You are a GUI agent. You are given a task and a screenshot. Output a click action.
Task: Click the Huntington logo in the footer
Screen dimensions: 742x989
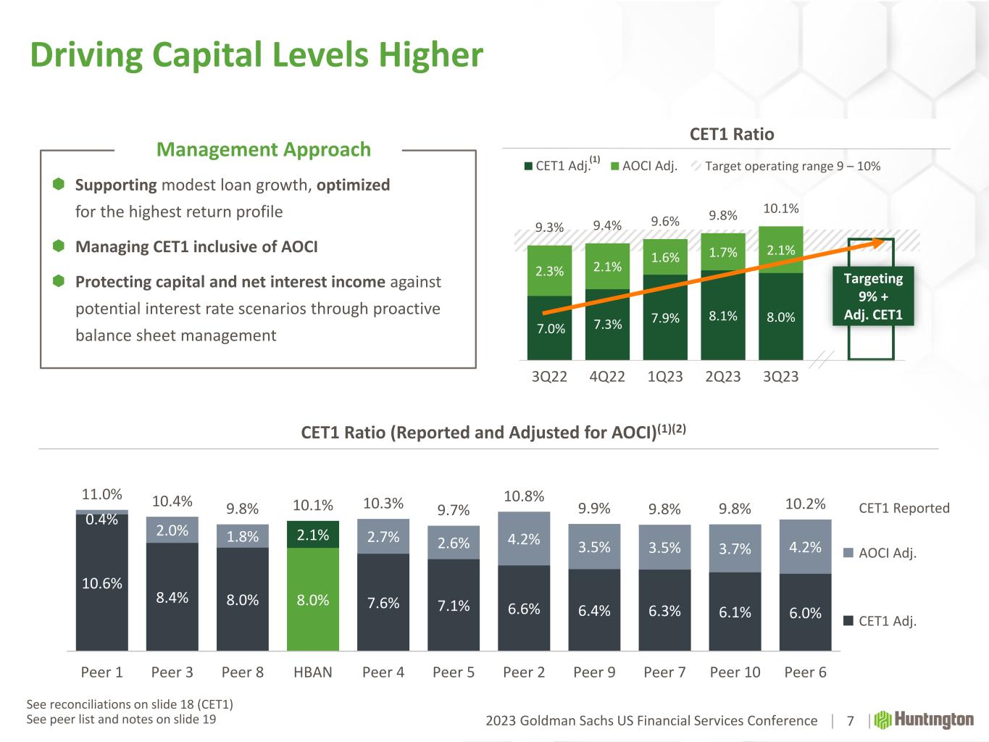coord(925,720)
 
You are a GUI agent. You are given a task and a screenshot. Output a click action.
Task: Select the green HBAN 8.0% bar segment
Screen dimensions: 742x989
coord(313,599)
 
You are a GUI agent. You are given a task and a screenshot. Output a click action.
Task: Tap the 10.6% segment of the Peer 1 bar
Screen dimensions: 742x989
coord(102,583)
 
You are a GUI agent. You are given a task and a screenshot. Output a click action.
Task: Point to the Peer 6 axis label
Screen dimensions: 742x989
coord(805,672)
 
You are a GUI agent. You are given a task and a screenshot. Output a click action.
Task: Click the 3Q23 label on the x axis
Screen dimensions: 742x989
coord(780,377)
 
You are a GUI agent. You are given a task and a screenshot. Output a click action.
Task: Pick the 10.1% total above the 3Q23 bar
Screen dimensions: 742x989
coord(780,209)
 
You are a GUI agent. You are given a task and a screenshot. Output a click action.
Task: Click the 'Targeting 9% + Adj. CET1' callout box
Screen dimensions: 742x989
coord(873,296)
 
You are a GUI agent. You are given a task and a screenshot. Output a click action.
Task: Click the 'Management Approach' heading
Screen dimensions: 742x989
coord(264,150)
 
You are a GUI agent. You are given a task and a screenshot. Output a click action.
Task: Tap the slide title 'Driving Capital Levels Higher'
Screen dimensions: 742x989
coord(256,55)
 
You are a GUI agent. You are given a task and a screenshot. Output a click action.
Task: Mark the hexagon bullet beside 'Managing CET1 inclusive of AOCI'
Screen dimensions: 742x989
coord(59,246)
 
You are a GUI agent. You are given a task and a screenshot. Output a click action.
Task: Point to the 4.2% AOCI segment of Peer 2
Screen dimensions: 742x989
coord(524,539)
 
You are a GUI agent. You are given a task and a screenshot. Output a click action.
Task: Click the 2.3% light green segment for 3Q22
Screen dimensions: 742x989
coord(549,271)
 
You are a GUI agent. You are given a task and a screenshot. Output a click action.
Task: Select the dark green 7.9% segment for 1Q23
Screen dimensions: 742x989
coord(665,317)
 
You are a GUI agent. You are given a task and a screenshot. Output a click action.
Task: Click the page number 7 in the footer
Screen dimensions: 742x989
coord(851,720)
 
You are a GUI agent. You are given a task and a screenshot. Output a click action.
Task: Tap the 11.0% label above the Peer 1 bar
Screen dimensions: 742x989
coord(102,494)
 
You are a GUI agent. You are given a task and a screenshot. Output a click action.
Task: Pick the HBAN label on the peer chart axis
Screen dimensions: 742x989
coord(313,672)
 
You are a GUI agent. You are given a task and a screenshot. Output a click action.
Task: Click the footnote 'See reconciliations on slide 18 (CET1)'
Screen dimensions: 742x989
coord(130,704)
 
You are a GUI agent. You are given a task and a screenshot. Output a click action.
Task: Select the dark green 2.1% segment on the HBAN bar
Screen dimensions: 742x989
coord(313,535)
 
